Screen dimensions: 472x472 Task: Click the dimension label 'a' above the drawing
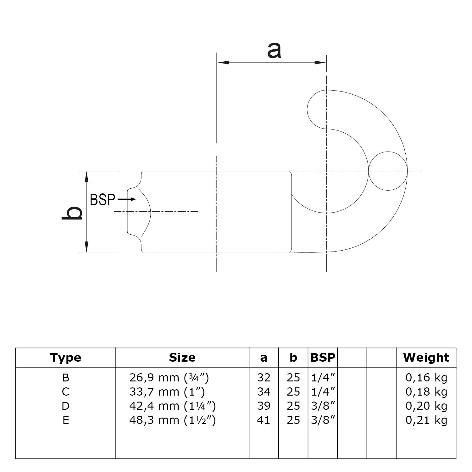(x=274, y=50)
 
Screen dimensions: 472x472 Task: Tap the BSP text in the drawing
(x=103, y=200)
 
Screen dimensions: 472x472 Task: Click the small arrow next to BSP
(x=127, y=199)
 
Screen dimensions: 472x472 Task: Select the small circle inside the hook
(x=388, y=171)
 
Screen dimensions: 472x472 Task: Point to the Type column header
(x=65, y=358)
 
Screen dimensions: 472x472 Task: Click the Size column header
(x=182, y=358)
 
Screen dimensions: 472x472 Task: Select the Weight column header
(x=426, y=358)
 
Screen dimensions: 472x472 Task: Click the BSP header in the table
(x=323, y=358)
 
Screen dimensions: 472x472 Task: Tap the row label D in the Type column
(x=65, y=406)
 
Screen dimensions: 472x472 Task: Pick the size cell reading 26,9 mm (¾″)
(x=169, y=377)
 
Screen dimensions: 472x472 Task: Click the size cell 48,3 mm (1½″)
(x=173, y=420)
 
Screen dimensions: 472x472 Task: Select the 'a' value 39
(x=264, y=406)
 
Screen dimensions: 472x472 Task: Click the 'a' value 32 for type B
(x=264, y=377)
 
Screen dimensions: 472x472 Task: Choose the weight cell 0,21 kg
(x=426, y=420)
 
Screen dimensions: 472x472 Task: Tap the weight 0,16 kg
(x=426, y=377)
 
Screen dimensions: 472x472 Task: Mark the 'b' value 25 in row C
(x=293, y=392)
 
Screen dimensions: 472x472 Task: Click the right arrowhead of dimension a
(x=321, y=63)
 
